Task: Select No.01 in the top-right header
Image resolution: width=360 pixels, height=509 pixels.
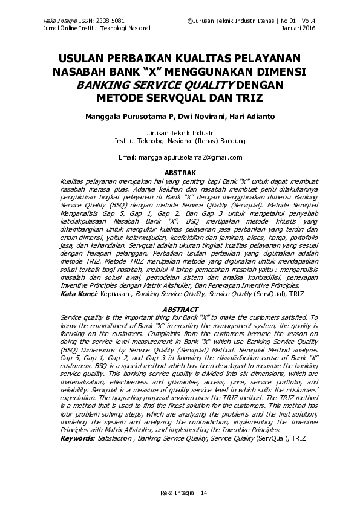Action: [287, 21]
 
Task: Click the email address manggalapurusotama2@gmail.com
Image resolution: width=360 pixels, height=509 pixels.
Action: [189, 157]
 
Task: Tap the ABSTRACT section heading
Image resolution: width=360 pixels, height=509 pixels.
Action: [180, 310]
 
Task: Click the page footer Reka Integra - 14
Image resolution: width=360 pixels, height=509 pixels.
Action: [180, 493]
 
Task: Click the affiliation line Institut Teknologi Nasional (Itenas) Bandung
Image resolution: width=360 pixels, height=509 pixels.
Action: [180, 141]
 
